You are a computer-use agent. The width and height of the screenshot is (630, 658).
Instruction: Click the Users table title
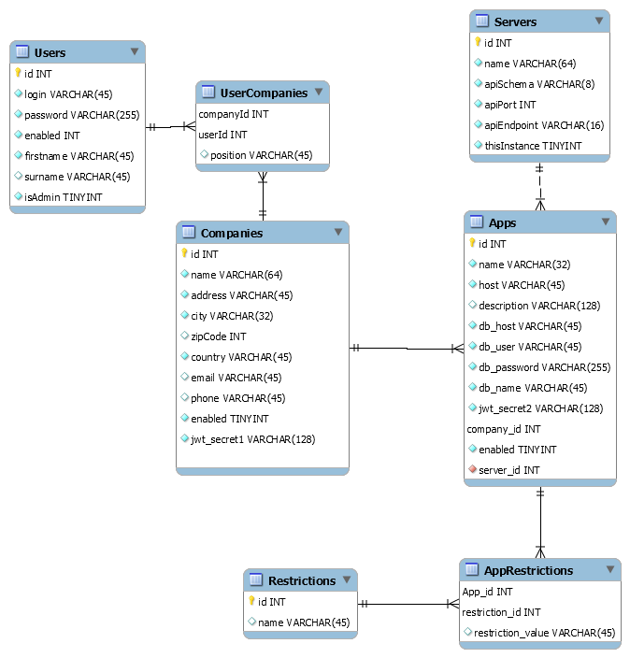[50, 53]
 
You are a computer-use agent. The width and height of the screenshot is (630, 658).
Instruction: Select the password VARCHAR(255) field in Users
[82, 115]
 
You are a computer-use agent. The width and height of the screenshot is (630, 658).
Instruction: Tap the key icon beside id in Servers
[478, 42]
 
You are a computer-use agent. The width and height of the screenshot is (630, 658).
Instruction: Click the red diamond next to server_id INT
[473, 469]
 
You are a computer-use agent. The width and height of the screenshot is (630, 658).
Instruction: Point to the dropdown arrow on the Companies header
[338, 232]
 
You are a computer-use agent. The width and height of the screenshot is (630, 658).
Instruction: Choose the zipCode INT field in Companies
[218, 336]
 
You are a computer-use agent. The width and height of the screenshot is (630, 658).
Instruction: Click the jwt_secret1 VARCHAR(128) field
[252, 439]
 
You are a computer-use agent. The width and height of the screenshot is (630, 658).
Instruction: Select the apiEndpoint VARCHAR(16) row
[544, 125]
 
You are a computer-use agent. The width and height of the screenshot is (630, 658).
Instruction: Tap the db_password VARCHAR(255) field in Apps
[544, 367]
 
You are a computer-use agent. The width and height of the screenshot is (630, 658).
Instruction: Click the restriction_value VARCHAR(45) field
[544, 633]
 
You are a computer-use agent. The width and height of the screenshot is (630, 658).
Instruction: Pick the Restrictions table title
[302, 580]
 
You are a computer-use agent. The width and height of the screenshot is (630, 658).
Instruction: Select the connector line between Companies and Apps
[407, 349]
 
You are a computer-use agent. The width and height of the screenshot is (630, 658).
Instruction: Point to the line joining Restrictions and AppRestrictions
[408, 605]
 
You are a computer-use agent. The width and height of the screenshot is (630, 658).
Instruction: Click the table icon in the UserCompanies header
[208, 92]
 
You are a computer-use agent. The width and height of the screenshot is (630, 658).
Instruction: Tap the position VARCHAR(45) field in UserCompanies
[261, 156]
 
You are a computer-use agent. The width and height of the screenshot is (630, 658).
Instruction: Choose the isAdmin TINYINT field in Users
[63, 197]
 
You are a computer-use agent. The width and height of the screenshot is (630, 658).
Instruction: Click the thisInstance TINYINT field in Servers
[533, 146]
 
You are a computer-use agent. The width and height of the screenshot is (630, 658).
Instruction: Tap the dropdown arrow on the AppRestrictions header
[610, 569]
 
